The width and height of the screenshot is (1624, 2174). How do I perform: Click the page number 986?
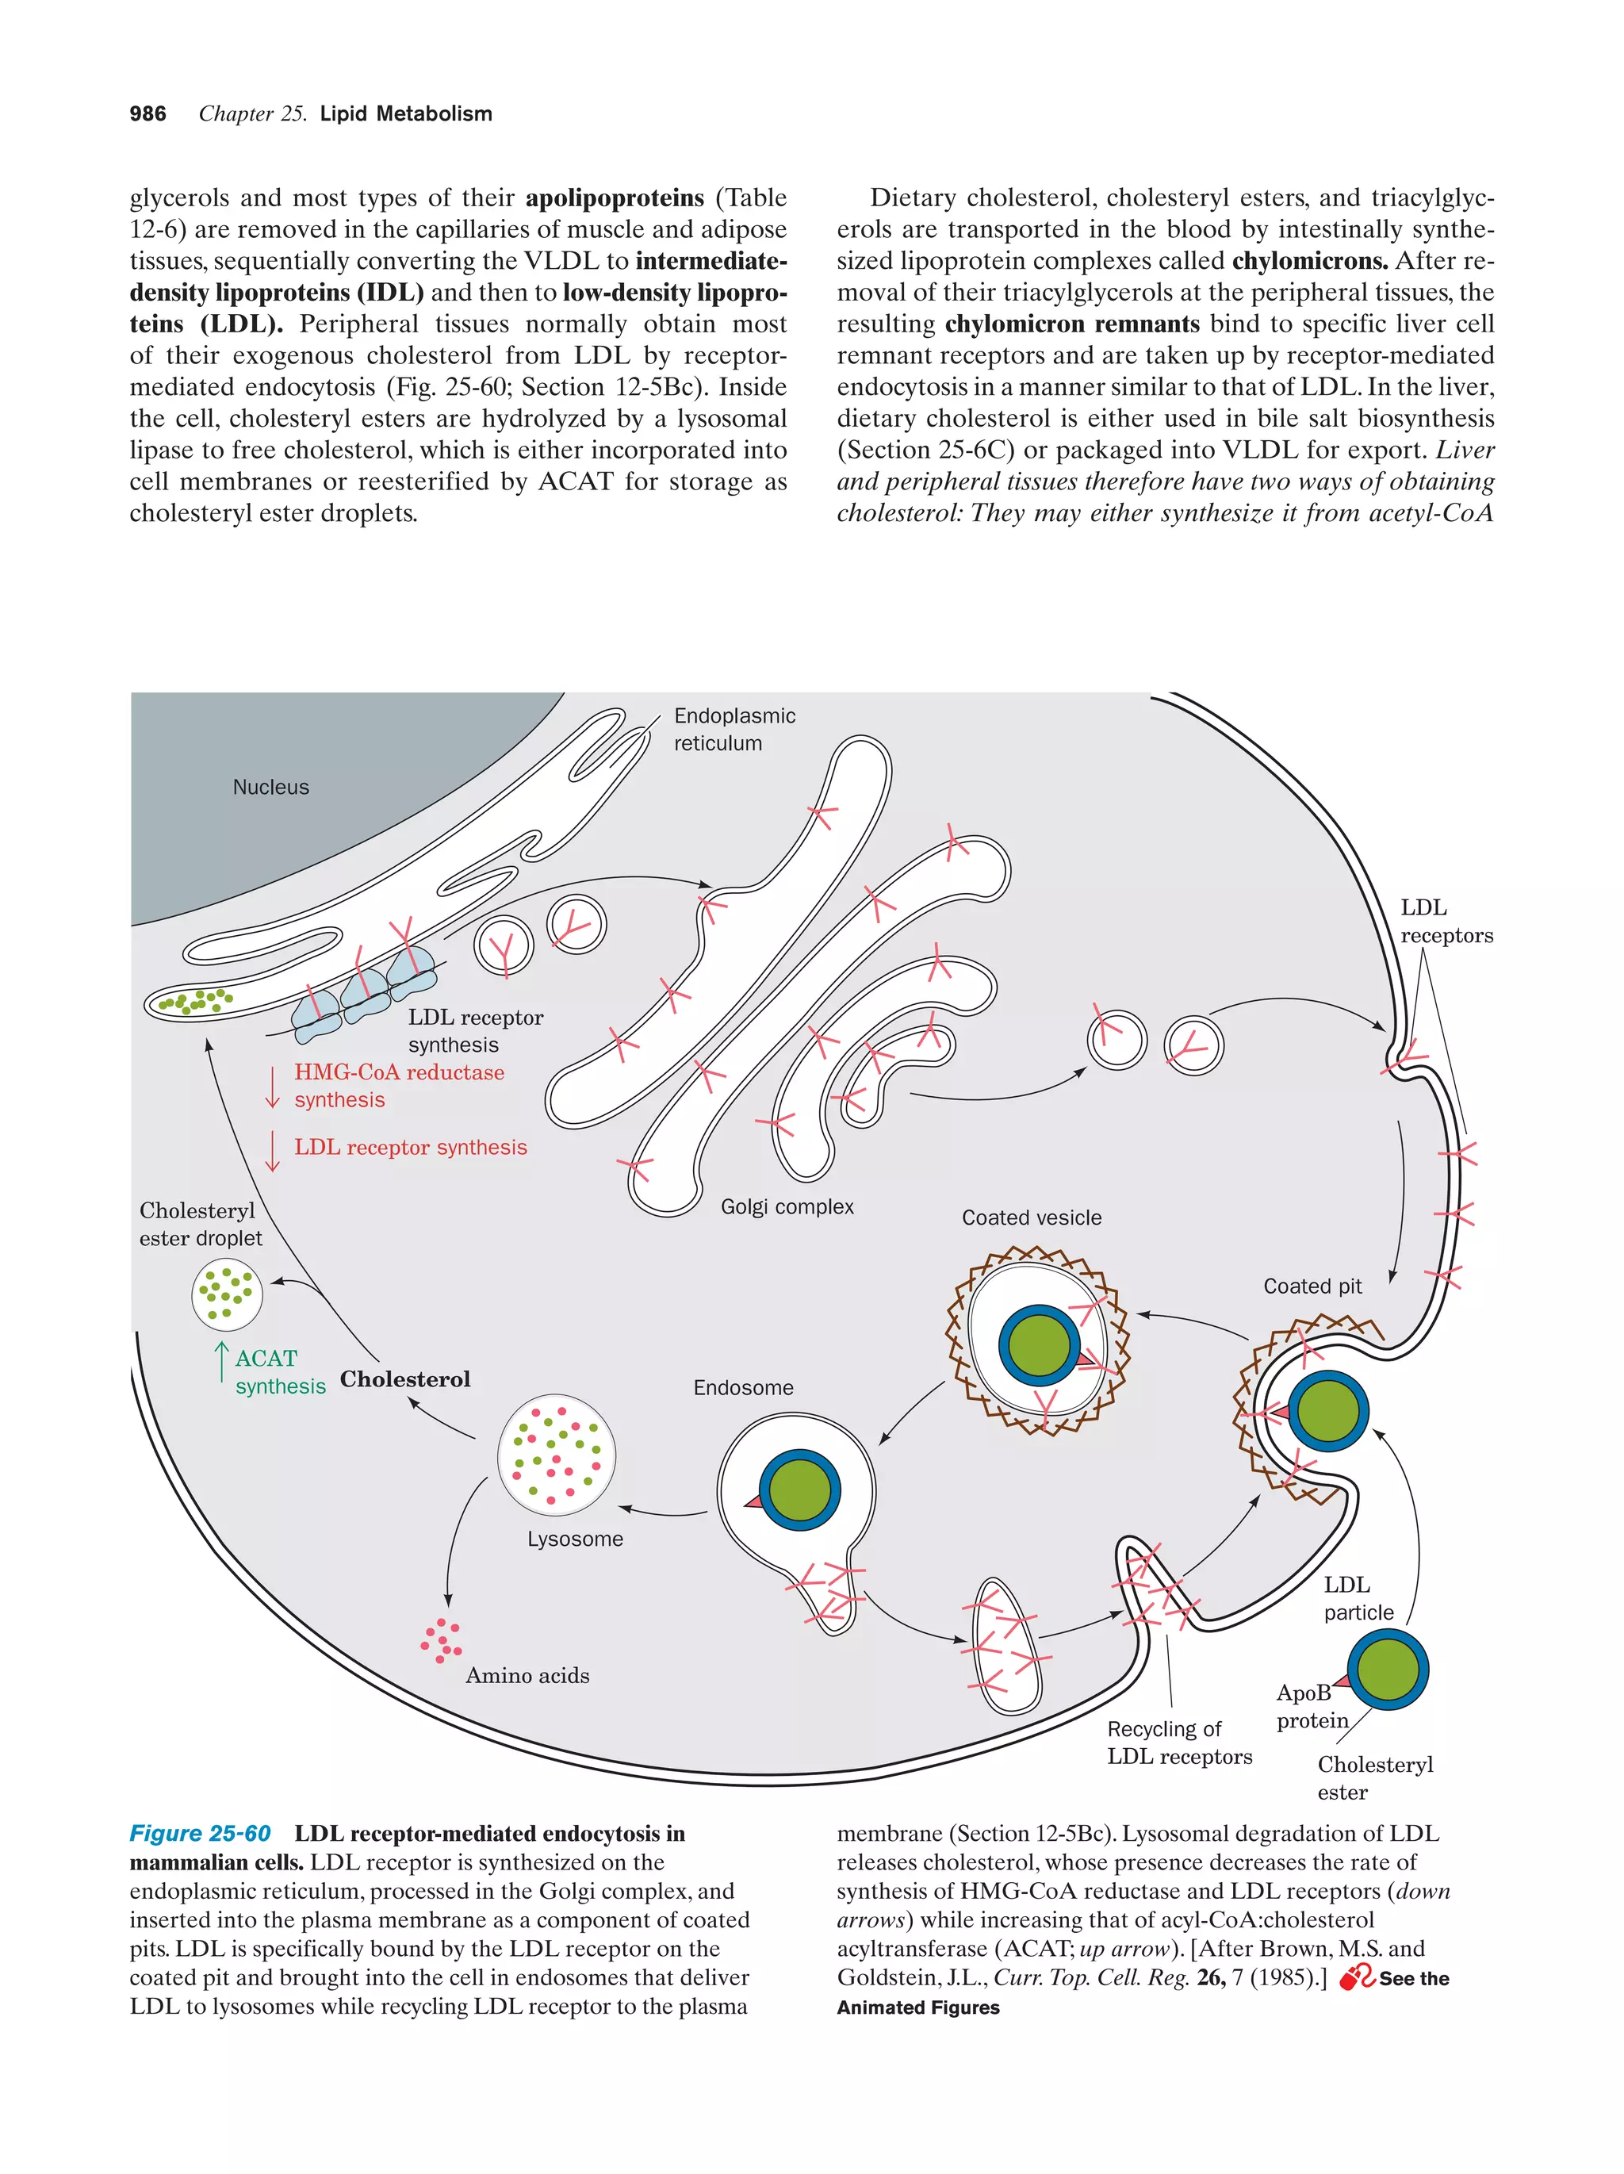click(x=147, y=114)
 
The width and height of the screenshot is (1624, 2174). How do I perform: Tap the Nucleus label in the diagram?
click(x=270, y=788)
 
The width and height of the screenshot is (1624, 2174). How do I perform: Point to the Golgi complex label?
click(x=787, y=1207)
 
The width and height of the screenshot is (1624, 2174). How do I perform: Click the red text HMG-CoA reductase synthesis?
click(x=399, y=1086)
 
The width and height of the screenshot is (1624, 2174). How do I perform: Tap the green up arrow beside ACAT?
click(x=222, y=1361)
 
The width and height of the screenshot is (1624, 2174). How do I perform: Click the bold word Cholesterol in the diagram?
click(x=404, y=1379)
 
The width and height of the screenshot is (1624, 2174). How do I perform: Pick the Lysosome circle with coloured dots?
click(x=557, y=1455)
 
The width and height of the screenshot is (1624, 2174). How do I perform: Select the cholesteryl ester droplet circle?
click(x=227, y=1294)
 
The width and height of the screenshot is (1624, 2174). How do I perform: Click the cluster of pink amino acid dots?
click(x=441, y=1640)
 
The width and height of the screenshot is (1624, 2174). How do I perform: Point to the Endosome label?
click(x=743, y=1388)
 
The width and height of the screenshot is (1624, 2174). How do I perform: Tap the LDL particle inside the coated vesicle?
click(x=1039, y=1345)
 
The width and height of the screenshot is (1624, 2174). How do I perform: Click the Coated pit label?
click(x=1312, y=1286)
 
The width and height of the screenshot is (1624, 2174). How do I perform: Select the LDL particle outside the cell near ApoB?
click(x=1386, y=1670)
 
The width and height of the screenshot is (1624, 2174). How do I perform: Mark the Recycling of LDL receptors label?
click(x=1178, y=1743)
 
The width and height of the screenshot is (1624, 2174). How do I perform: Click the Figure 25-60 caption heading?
click(x=201, y=1834)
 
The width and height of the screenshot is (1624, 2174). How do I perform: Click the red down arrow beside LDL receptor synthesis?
click(x=272, y=1150)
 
